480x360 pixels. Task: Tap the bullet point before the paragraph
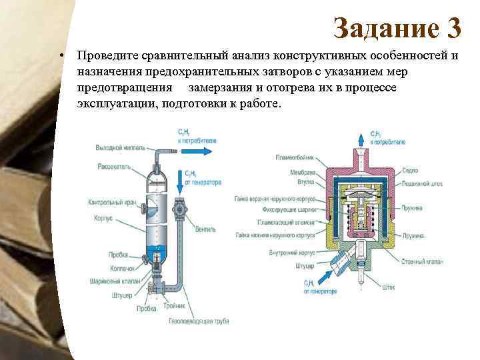(x=61, y=56)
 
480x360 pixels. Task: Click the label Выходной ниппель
(x=117, y=147)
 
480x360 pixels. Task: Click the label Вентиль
(x=205, y=230)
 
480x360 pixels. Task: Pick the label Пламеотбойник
(x=291, y=157)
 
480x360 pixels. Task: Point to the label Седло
(x=410, y=170)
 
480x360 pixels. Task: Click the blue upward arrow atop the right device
(x=362, y=138)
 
